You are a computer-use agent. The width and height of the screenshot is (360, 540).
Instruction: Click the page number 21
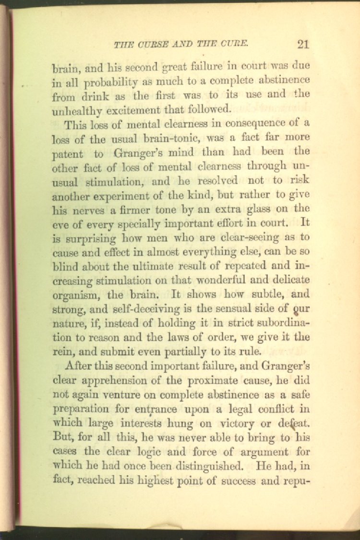point(303,45)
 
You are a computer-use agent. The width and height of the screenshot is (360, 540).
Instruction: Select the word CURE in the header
point(234,45)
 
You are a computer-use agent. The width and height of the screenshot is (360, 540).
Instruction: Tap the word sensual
point(230,309)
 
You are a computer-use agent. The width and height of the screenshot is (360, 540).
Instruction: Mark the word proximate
point(214,380)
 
